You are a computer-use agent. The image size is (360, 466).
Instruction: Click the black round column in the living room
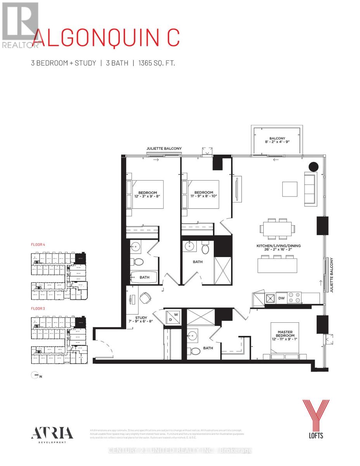coord(313,167)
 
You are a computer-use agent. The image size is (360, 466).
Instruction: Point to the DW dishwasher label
coord(282,297)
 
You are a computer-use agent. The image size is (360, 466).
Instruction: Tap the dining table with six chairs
coord(277,229)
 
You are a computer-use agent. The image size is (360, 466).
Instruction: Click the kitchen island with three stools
coord(277,264)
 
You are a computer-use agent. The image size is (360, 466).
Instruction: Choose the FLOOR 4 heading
coord(38,245)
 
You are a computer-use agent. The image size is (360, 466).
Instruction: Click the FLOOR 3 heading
coord(38,309)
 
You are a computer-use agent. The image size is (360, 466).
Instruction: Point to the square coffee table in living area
coord(290,190)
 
